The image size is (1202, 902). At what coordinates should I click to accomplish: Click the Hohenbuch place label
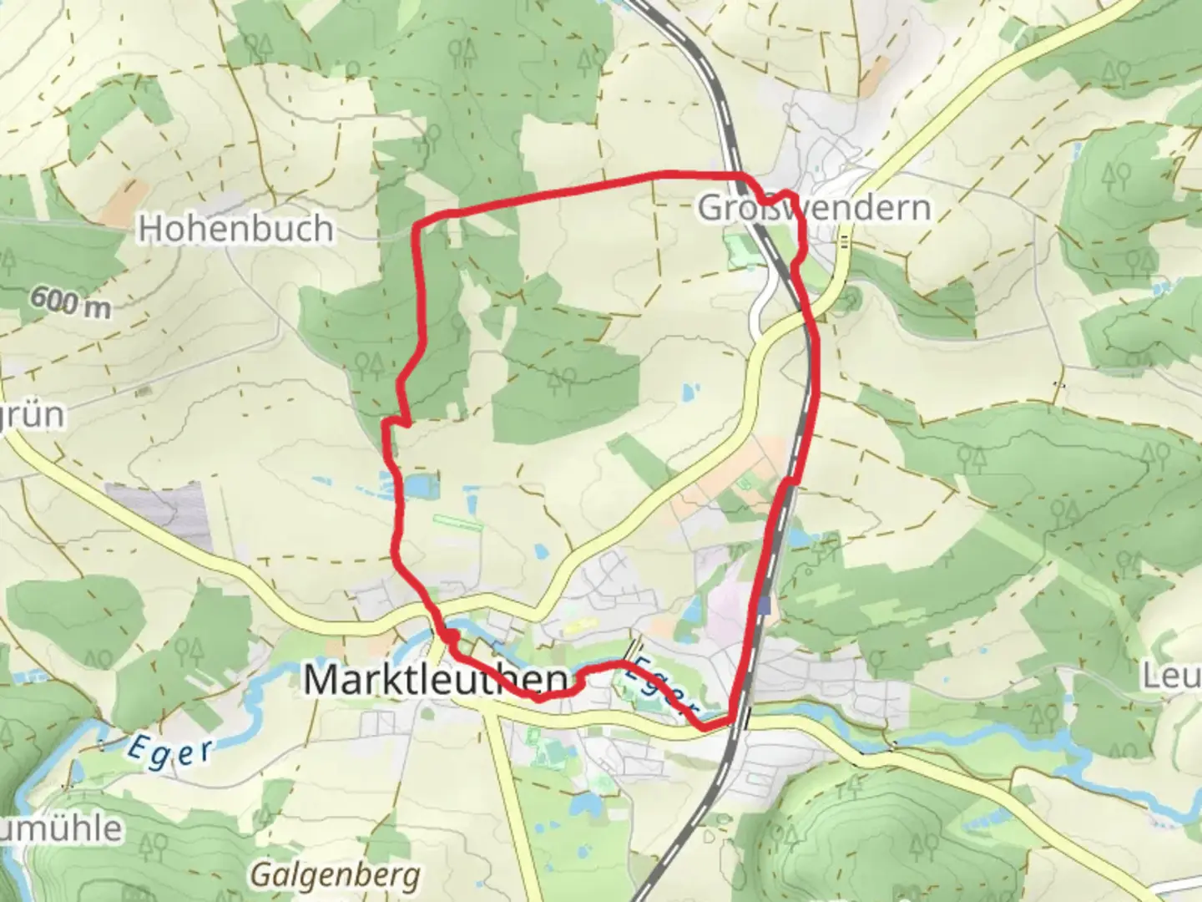tap(235, 228)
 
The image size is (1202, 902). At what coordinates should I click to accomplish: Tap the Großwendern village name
tap(814, 208)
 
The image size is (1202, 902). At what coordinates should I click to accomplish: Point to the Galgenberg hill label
tap(336, 875)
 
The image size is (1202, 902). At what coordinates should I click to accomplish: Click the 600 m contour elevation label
tap(73, 302)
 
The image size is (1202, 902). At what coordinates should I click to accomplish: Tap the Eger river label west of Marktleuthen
tap(169, 750)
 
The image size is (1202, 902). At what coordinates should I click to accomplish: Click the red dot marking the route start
tap(450, 637)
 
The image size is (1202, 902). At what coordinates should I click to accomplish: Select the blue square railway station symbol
tap(765, 606)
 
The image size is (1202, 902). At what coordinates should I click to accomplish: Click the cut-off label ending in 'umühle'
tap(60, 829)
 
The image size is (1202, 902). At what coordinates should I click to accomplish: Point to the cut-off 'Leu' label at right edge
tap(1173, 677)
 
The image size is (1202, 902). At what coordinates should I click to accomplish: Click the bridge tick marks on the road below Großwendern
tap(845, 241)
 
